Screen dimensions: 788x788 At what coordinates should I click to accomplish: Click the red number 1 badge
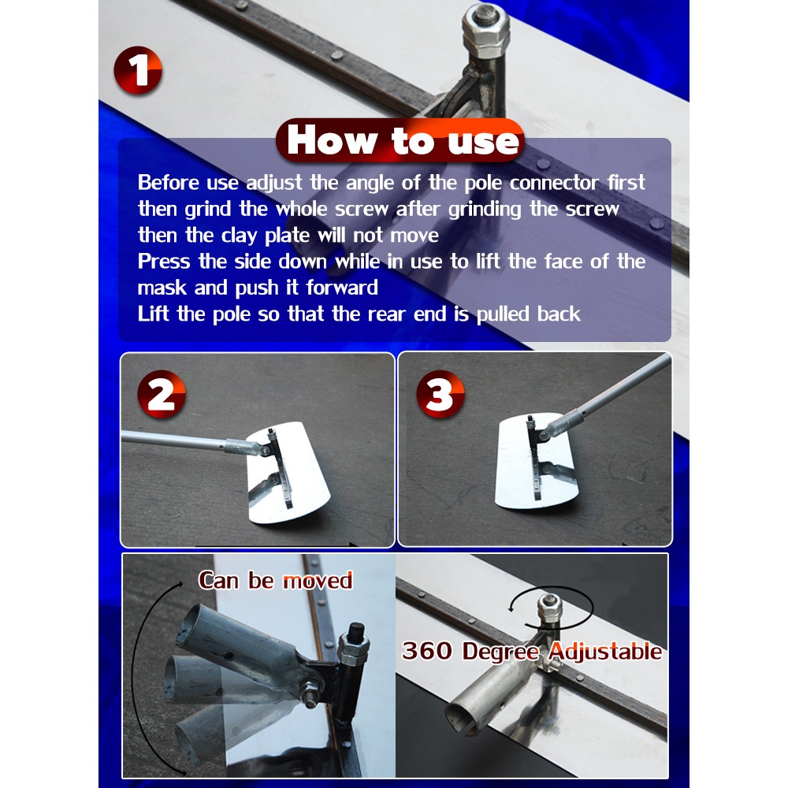click(138, 70)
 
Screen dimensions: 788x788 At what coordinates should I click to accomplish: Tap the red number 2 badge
click(162, 395)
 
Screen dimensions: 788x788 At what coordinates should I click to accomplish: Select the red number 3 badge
click(440, 395)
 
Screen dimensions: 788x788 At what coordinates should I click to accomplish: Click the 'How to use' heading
click(402, 141)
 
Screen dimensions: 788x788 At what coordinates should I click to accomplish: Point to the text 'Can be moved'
click(275, 581)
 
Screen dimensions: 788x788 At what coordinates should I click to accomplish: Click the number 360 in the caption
click(428, 650)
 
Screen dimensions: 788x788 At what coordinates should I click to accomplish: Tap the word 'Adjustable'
click(605, 652)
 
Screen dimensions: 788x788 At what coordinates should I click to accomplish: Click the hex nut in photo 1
click(486, 32)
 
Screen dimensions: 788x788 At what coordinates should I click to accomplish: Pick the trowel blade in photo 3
click(536, 461)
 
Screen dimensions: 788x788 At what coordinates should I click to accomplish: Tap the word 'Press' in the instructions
click(164, 262)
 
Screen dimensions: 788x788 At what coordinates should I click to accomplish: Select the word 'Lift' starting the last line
click(154, 314)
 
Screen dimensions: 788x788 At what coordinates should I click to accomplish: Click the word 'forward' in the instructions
click(342, 288)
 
